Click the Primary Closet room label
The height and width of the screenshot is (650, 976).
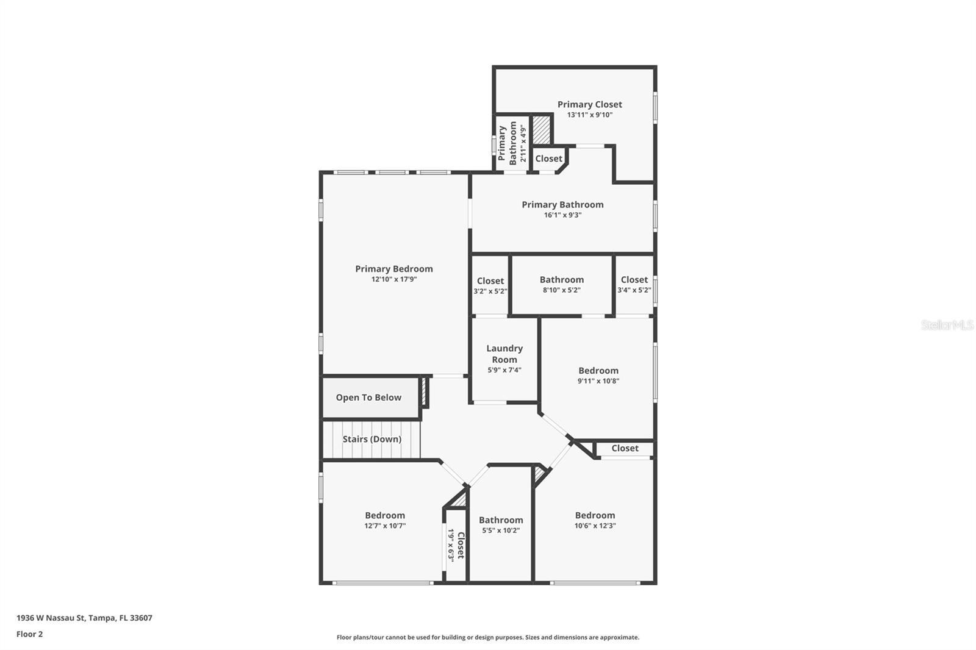click(589, 104)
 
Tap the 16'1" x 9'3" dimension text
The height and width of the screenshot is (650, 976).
click(562, 215)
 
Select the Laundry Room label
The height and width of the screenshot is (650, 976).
click(504, 354)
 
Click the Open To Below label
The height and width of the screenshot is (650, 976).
click(368, 398)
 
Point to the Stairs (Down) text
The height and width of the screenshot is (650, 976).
click(371, 439)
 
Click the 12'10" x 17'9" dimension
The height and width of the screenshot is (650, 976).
click(394, 279)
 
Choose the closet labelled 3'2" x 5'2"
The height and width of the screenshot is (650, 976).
click(490, 285)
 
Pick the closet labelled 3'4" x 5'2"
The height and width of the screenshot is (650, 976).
click(634, 284)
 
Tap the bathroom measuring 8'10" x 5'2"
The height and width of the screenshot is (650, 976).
click(561, 284)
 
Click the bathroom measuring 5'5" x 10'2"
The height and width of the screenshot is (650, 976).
click(501, 524)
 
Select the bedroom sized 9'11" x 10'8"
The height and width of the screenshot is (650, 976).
click(598, 375)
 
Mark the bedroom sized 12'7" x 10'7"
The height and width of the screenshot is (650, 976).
click(385, 520)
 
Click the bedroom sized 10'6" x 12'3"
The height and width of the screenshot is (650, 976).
click(595, 520)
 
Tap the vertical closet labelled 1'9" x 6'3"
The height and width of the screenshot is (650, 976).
click(456, 545)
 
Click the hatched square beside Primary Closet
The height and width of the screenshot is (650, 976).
click(541, 129)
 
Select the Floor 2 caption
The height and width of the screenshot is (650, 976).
click(29, 634)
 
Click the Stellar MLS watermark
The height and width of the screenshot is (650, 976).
click(947, 325)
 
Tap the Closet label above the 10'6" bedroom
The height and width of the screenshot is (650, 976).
click(625, 448)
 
